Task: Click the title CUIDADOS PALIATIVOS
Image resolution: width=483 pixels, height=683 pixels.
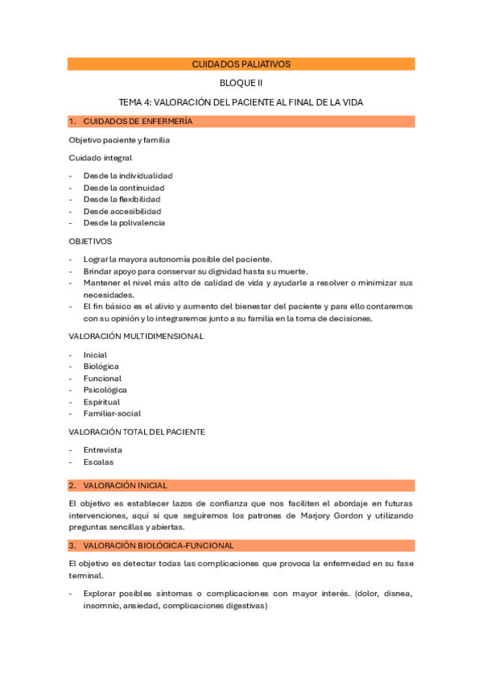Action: tap(242, 64)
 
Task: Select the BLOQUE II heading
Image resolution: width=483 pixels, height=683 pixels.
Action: tap(242, 83)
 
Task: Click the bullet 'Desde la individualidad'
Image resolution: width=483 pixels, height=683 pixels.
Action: tap(128, 176)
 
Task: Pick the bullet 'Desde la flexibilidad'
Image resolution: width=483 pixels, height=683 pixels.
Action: tap(122, 199)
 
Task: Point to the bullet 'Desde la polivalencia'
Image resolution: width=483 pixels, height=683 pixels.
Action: tap(124, 223)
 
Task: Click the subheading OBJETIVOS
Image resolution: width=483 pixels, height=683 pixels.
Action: tap(91, 241)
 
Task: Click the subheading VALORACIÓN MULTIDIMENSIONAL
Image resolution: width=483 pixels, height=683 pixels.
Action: tap(136, 336)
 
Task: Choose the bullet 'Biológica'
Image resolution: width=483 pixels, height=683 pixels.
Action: tap(101, 366)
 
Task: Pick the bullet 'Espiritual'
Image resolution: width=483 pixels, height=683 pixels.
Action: tap(101, 402)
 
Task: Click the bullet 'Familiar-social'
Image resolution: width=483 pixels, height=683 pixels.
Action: tap(112, 413)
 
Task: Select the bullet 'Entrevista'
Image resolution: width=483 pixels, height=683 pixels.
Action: tap(103, 450)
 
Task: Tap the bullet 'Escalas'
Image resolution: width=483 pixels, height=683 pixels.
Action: tap(98, 462)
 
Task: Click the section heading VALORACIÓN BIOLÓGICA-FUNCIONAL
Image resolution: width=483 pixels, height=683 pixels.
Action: tap(159, 545)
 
